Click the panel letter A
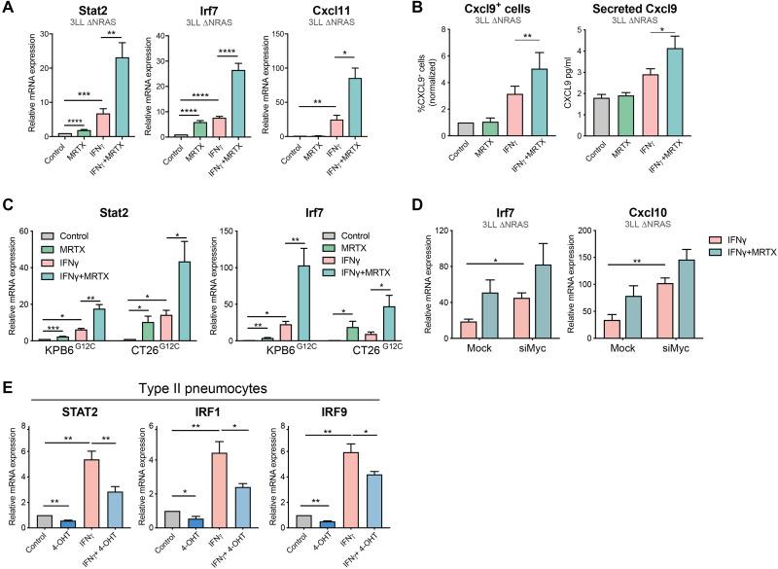[8, 9]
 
